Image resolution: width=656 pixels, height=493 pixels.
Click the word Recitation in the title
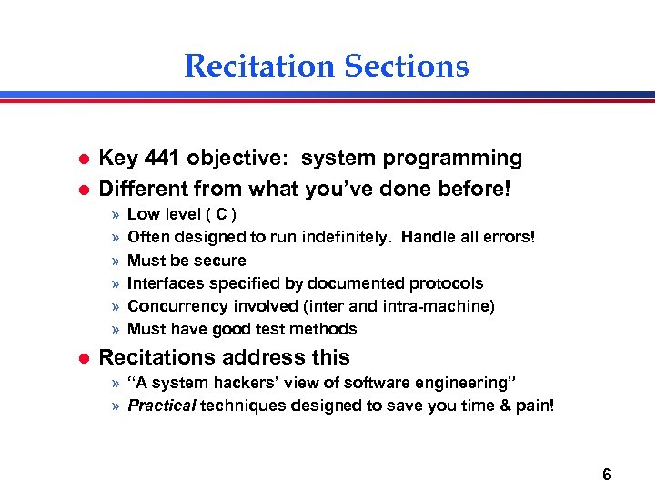coord(259,67)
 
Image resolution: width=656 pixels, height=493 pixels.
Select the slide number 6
coord(606,474)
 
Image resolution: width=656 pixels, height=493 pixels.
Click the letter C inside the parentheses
coord(222,215)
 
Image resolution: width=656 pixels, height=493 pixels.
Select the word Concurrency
coord(179,306)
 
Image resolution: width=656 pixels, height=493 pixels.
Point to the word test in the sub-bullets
coord(275,329)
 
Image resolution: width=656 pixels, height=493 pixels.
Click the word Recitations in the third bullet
coord(160,357)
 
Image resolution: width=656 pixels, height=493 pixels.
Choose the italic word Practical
coord(162,406)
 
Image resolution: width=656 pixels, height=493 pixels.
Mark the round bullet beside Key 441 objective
coord(78,159)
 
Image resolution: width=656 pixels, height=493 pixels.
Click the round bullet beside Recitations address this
coord(78,358)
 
